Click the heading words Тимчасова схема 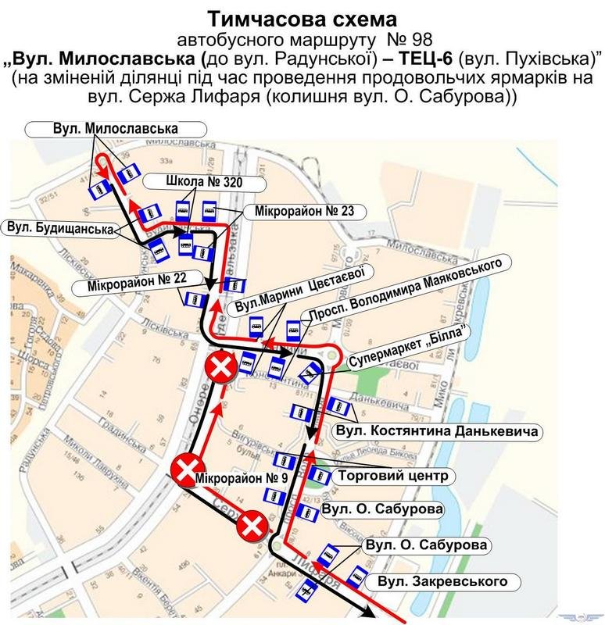[302, 17]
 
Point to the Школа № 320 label [204, 182]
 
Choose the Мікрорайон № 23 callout [303, 210]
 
